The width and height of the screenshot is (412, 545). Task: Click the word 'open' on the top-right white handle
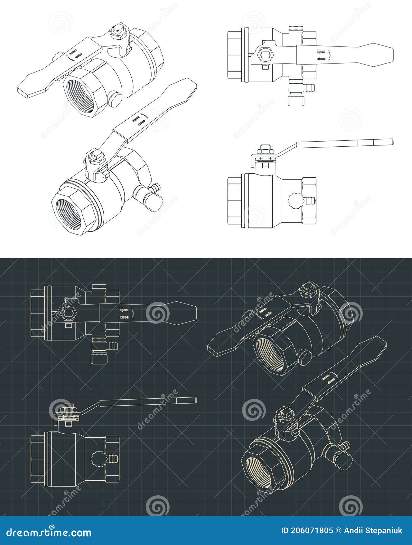pyautogui.click(x=321, y=52)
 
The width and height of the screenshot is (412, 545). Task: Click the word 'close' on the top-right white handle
pyautogui.click(x=321, y=59)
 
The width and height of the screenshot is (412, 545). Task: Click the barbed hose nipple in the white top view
pyautogui.click(x=309, y=87)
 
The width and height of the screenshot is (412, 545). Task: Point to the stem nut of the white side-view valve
pyautogui.click(x=266, y=149)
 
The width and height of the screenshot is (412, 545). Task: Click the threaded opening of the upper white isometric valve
pyautogui.click(x=80, y=95)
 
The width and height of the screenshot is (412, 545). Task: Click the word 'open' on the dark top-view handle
pyautogui.click(x=124, y=310)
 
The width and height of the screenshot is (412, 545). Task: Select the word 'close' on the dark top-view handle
pyautogui.click(x=124, y=317)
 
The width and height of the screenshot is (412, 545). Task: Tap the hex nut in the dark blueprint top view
pyautogui.click(x=69, y=312)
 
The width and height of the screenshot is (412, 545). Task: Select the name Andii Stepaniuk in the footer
pyautogui.click(x=374, y=531)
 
